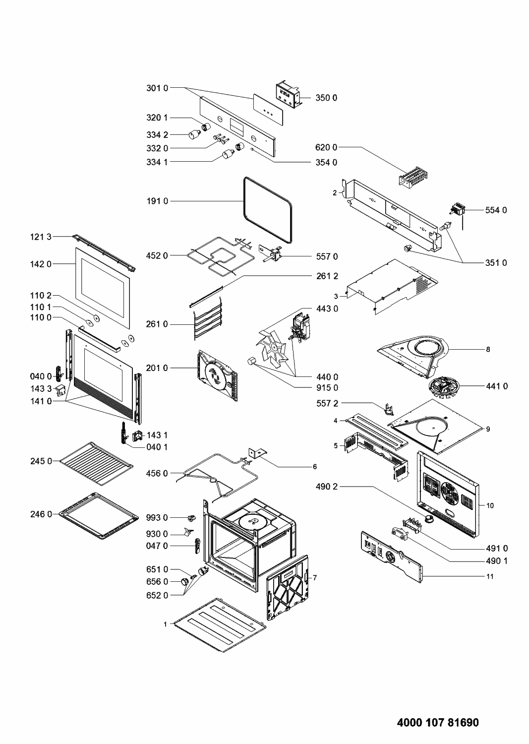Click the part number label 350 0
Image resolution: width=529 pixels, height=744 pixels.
tap(326, 98)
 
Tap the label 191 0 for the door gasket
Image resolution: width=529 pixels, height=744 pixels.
tap(157, 201)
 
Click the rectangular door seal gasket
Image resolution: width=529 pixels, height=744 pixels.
tap(267, 203)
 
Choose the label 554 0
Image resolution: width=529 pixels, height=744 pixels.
tap(496, 210)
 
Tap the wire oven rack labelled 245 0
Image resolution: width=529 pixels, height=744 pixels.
tap(96, 461)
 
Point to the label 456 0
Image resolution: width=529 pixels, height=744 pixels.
tap(157, 474)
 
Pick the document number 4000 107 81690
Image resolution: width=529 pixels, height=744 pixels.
tap(438, 722)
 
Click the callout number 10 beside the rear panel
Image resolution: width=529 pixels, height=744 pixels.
tap(490, 505)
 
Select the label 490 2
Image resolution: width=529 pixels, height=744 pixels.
tap(326, 487)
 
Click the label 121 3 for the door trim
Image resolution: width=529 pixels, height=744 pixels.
tap(40, 237)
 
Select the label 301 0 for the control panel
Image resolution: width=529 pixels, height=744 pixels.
tap(157, 88)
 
